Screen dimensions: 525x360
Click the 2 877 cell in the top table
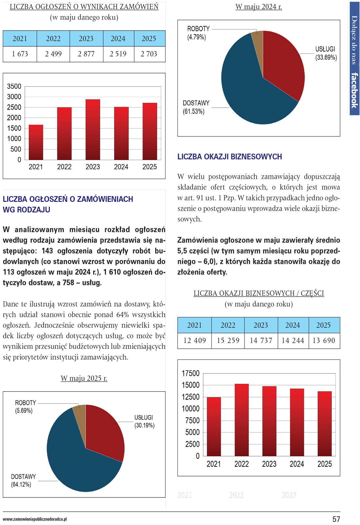pyautogui.click(x=86, y=54)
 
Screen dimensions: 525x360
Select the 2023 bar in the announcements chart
pyautogui.click(x=93, y=130)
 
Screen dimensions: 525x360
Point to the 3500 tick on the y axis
pyautogui.click(x=14, y=86)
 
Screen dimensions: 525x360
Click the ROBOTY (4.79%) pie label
pyautogui.click(x=198, y=33)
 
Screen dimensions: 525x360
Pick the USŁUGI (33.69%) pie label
pyautogui.click(x=326, y=53)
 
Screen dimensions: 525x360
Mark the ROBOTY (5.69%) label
pyautogui.click(x=25, y=407)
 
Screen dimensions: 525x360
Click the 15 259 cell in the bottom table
pyautogui.click(x=228, y=341)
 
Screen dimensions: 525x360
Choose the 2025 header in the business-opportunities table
pyautogui.click(x=324, y=325)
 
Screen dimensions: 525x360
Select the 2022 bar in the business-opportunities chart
pyautogui.click(x=242, y=420)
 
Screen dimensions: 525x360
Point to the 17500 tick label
pyautogui.click(x=191, y=373)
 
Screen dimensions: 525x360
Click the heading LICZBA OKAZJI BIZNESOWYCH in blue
pyautogui.click(x=229, y=157)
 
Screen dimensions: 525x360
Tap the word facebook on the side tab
pyautogui.click(x=354, y=90)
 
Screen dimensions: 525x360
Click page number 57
pyautogui.click(x=336, y=519)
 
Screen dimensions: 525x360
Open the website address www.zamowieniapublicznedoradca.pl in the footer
pyautogui.click(x=35, y=519)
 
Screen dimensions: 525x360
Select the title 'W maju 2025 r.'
pyautogui.click(x=84, y=378)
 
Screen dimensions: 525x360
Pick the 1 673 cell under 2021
pyautogui.click(x=20, y=54)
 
